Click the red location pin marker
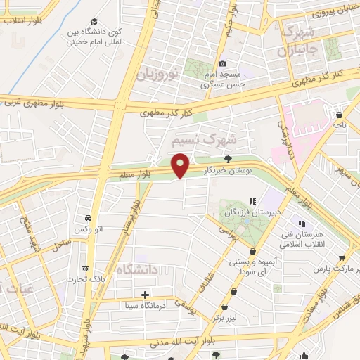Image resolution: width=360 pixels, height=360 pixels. click(x=181, y=166)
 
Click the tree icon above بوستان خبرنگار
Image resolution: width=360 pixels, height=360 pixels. click(x=226, y=160)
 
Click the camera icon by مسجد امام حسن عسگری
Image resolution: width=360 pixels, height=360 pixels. click(x=224, y=64)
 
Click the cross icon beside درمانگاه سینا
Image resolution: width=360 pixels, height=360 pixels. click(x=146, y=295)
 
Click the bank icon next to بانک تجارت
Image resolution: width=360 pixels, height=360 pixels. click(x=86, y=269)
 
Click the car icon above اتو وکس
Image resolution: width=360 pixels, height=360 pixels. click(x=86, y=218)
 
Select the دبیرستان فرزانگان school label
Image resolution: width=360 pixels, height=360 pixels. click(x=244, y=210)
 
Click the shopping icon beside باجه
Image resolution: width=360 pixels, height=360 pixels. click(x=340, y=115)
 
